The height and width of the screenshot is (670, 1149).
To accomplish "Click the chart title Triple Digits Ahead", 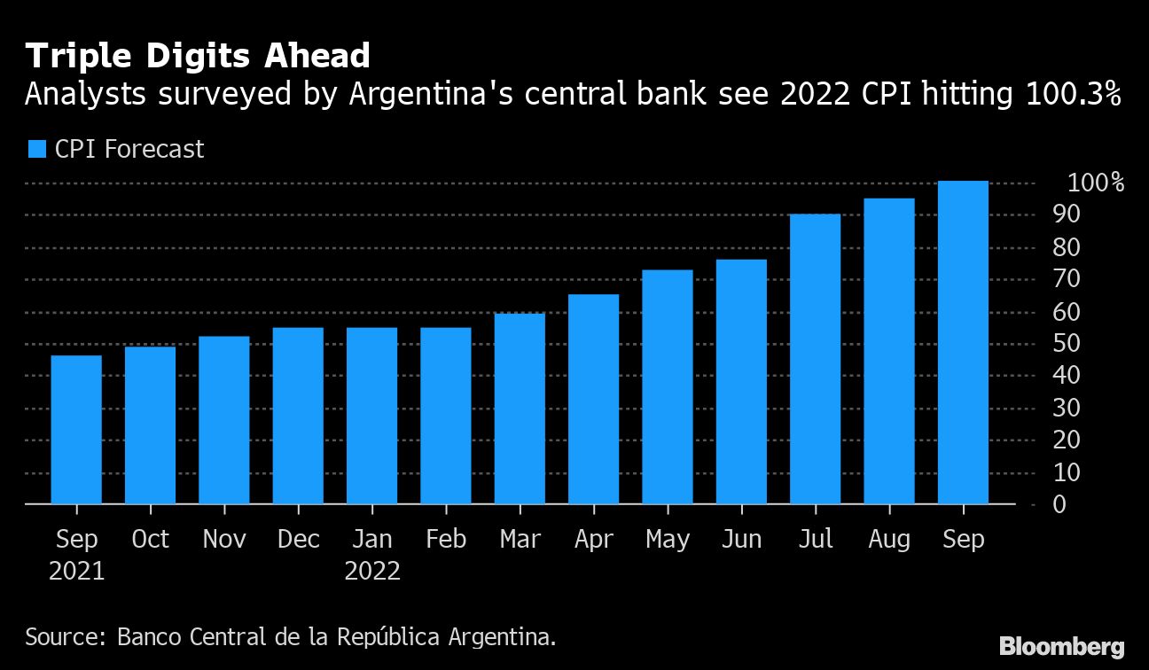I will (198, 56).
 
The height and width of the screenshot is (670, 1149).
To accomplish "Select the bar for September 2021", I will (76, 430).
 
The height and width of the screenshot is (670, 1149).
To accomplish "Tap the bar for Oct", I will (150, 425).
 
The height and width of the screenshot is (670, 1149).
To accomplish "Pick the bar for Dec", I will (298, 416).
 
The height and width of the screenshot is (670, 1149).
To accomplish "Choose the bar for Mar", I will (520, 409).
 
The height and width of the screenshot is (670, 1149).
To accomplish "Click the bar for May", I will (667, 387).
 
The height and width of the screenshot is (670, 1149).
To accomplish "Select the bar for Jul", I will (815, 359).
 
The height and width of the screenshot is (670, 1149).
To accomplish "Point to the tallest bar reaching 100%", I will (963, 342).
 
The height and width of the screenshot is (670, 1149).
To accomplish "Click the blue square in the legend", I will (36, 149).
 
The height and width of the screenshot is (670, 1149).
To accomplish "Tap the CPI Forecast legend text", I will (129, 149).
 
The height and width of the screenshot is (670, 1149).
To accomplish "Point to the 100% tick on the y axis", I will (1096, 183).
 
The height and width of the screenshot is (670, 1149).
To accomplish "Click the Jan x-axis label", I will (371, 539).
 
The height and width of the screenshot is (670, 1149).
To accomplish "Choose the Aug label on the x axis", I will (888, 539).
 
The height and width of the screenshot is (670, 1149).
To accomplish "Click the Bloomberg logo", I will (1061, 646).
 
